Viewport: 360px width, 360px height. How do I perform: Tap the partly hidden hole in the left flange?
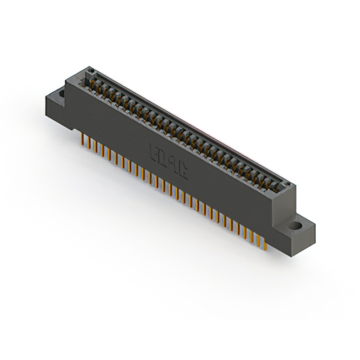[60, 92]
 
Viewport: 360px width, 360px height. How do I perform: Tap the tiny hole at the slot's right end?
[288, 184]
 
